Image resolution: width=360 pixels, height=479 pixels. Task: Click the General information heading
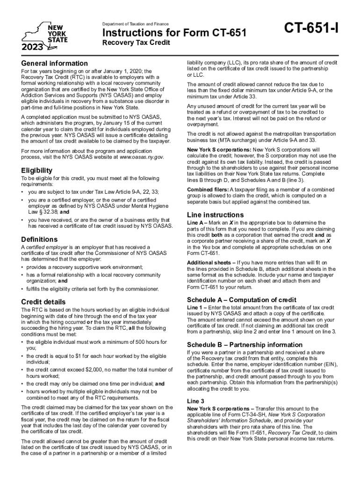54,63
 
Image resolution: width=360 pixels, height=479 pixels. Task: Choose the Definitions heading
39,239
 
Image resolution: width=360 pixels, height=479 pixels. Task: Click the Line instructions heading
215,215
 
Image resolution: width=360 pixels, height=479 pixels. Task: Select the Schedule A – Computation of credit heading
242,299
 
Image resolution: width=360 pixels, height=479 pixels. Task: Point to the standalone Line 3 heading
195,401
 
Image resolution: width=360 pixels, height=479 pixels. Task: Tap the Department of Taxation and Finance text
135,24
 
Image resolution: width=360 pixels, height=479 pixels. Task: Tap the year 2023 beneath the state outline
32,47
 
